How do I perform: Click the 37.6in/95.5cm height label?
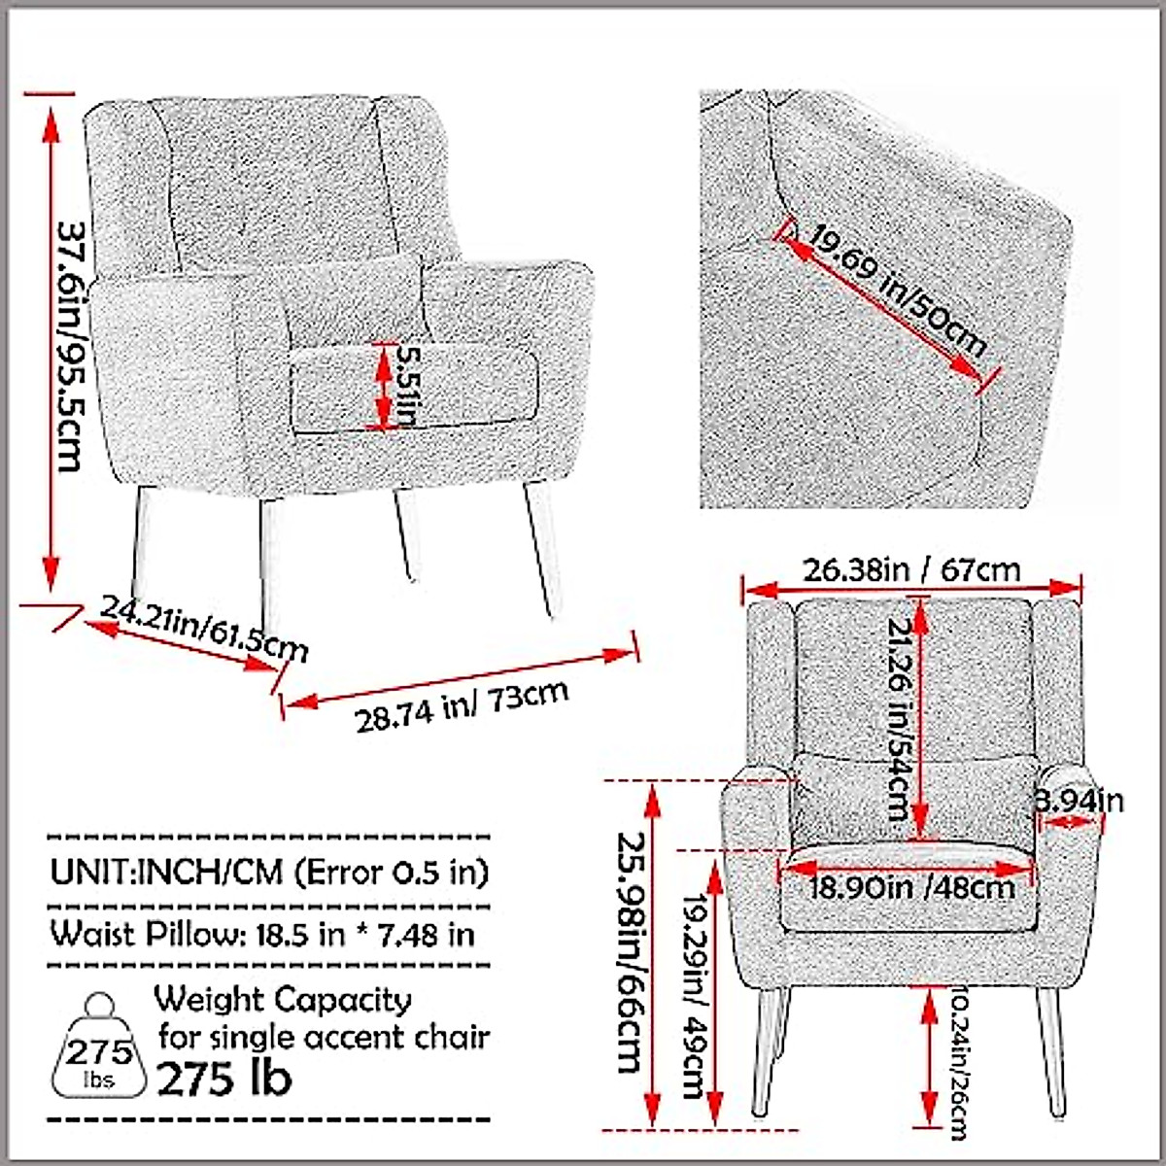pyautogui.click(x=69, y=345)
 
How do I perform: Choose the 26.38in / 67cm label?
pyautogui.click(x=911, y=569)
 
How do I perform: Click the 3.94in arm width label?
pyautogui.click(x=1079, y=800)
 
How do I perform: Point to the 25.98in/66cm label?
pyautogui.click(x=629, y=952)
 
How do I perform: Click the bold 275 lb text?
pyautogui.click(x=224, y=1079)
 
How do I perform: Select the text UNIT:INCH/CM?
pyautogui.click(x=166, y=872)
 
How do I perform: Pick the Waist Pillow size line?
pyautogui.click(x=262, y=934)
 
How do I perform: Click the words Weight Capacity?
pyautogui.click(x=283, y=998)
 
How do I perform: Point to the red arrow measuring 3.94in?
pyautogui.click(x=1066, y=822)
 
